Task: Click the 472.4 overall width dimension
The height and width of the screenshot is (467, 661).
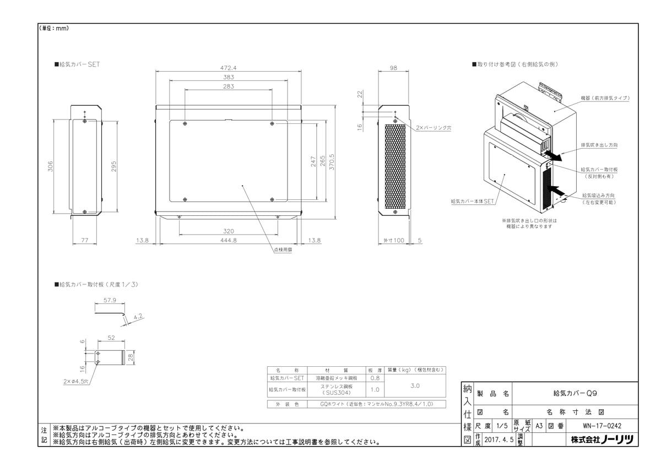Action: [229, 67]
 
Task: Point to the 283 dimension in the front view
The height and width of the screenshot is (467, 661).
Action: [229, 86]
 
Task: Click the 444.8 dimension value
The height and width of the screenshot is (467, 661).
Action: [229, 240]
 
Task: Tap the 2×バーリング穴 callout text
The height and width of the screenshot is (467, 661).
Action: [434, 128]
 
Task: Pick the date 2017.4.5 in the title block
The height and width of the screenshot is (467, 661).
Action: [499, 440]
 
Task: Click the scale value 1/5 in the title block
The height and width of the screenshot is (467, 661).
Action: [501, 426]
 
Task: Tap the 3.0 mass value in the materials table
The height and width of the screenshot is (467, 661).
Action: [415, 385]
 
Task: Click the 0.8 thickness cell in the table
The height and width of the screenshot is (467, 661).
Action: [375, 378]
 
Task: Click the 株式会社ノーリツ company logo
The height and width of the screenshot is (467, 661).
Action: [602, 439]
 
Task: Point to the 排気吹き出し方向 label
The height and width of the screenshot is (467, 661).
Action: [599, 145]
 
